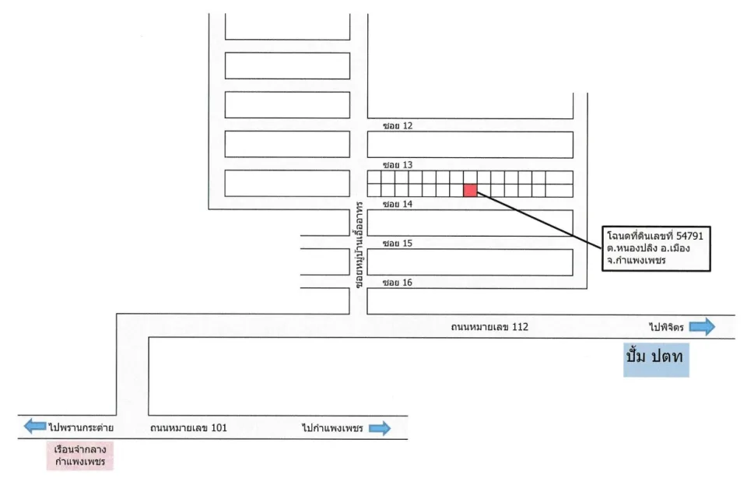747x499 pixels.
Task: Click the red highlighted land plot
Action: coord(470,190)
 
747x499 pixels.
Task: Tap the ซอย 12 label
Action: coord(398,126)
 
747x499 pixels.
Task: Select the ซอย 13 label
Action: coord(398,165)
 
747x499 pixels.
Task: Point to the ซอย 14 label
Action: coord(398,204)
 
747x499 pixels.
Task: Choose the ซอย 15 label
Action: coord(398,243)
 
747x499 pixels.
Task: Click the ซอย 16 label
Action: coord(398,283)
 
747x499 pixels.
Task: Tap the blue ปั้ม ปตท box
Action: coord(656,360)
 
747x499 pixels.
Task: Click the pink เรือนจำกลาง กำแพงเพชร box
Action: coord(80,455)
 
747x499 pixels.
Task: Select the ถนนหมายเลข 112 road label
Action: coord(489,327)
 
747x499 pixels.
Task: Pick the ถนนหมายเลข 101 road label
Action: coord(188,428)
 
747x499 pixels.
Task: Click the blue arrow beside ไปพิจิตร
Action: coord(702,326)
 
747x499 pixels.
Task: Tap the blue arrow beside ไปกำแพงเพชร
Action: coord(380,428)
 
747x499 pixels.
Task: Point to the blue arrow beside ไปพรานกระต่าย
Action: coord(35,426)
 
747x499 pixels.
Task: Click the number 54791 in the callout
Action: coord(689,235)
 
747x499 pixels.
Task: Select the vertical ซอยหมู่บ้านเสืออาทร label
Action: coord(359,245)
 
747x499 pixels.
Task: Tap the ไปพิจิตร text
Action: coord(666,327)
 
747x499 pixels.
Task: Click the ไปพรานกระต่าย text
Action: coord(81,427)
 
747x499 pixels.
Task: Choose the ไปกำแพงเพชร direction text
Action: coord(332,428)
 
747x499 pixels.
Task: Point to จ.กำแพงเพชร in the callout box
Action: coord(636,260)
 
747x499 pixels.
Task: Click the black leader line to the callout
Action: coord(539,220)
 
